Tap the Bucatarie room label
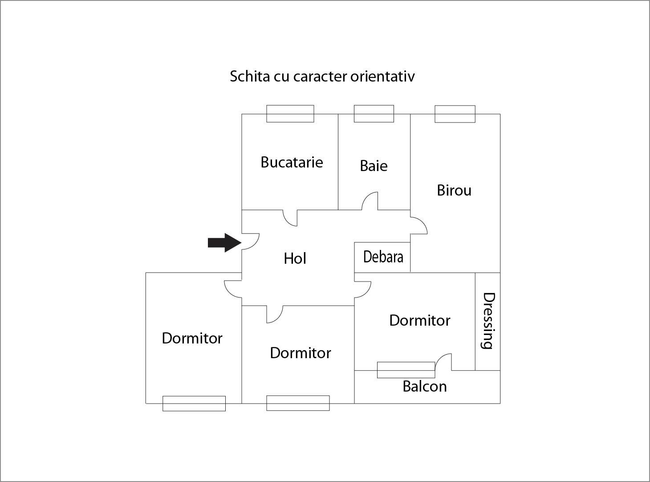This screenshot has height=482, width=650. pyautogui.click(x=292, y=162)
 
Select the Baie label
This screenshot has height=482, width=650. pyautogui.click(x=374, y=166)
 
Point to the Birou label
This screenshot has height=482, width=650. pyautogui.click(x=454, y=190)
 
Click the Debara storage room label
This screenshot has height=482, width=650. pyautogui.click(x=383, y=257)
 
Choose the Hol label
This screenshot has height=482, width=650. pyautogui.click(x=295, y=258)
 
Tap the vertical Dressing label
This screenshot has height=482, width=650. pyautogui.click(x=488, y=321)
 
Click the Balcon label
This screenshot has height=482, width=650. pyautogui.click(x=424, y=386)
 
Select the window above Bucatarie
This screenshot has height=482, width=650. pyautogui.click(x=290, y=114)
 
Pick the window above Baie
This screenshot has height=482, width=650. pyautogui.click(x=374, y=114)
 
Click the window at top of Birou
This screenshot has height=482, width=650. pyautogui.click(x=455, y=114)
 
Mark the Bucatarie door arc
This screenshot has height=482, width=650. pyautogui.click(x=290, y=218)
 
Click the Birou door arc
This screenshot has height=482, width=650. pyautogui.click(x=419, y=225)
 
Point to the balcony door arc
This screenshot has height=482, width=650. pyautogui.click(x=443, y=361)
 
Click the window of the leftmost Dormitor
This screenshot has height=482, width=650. pyautogui.click(x=194, y=404)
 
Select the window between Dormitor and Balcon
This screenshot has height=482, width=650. pyautogui.click(x=406, y=370)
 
